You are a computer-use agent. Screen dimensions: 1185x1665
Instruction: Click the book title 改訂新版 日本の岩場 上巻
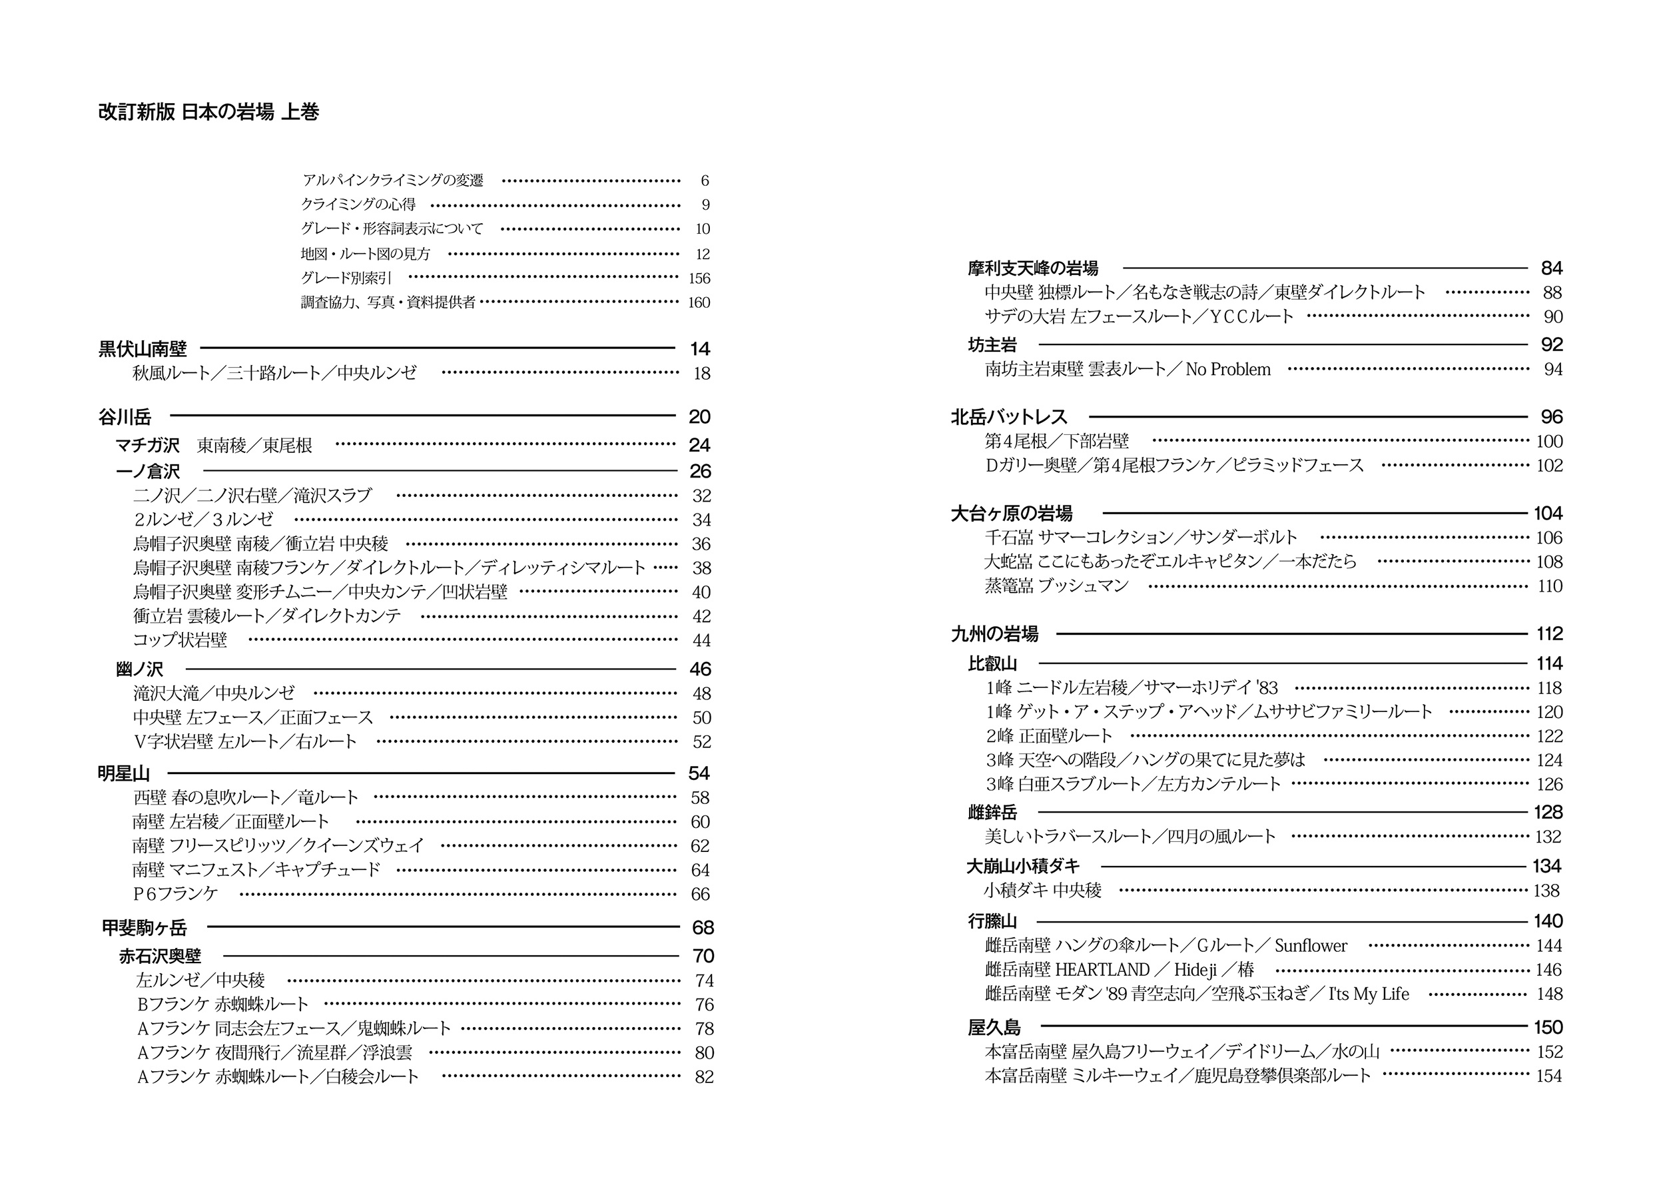click(208, 112)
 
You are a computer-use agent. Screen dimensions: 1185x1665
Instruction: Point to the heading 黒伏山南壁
click(143, 349)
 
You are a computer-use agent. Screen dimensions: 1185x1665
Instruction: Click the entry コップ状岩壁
click(180, 640)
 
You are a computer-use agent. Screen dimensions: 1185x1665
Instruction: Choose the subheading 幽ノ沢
click(139, 668)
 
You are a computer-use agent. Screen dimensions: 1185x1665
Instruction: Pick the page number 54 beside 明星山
click(698, 773)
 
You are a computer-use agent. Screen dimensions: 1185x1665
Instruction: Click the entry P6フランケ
click(175, 893)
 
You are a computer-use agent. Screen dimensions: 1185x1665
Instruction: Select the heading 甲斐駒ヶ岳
click(145, 927)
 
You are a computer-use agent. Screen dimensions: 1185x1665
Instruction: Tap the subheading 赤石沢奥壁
click(160, 956)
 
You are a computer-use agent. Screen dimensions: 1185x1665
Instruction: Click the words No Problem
click(1228, 369)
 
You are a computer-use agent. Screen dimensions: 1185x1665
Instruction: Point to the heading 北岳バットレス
click(1008, 416)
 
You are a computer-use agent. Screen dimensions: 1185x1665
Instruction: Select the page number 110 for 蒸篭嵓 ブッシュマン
click(1549, 586)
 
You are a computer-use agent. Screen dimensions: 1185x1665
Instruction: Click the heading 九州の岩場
click(994, 633)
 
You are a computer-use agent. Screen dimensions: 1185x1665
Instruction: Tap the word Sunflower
click(1311, 946)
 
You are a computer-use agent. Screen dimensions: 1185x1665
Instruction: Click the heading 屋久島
click(994, 1027)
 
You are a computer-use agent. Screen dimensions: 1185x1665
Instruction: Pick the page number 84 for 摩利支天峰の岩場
click(1551, 268)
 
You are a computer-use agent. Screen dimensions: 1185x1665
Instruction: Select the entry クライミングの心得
click(358, 204)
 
